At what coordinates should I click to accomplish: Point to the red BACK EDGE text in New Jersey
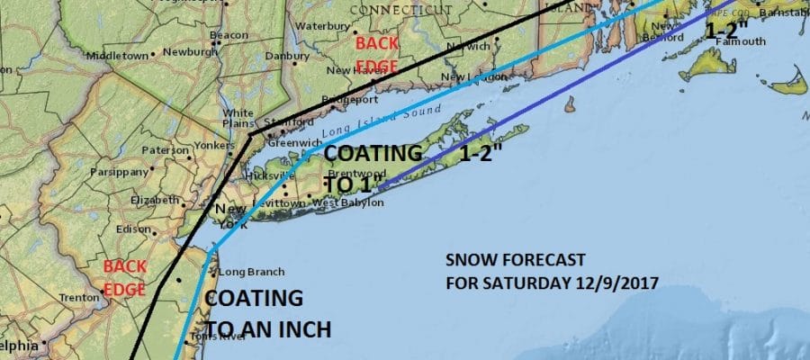(x=124, y=274)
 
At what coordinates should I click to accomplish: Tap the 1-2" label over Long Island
(x=481, y=155)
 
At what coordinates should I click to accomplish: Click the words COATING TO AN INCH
(x=267, y=313)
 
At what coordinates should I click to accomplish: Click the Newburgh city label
(x=189, y=52)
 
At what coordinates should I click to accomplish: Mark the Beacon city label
(x=229, y=34)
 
